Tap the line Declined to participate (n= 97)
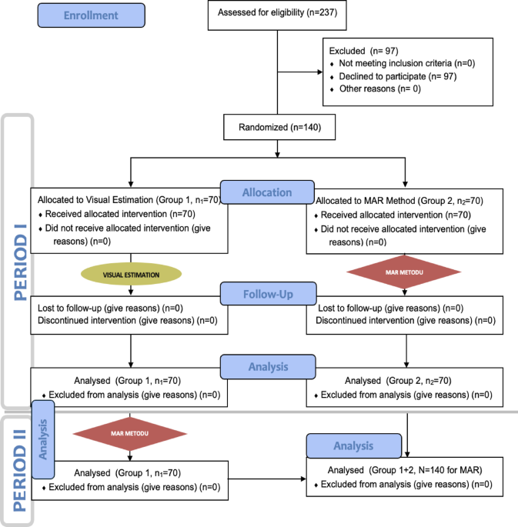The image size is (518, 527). pos(390,77)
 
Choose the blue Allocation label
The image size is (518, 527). pos(267,192)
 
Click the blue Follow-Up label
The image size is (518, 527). pos(266,293)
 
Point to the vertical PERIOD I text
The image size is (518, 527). pos(17,262)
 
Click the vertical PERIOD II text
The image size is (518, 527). pos(17,469)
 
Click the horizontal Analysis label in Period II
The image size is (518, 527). pos(353,445)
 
